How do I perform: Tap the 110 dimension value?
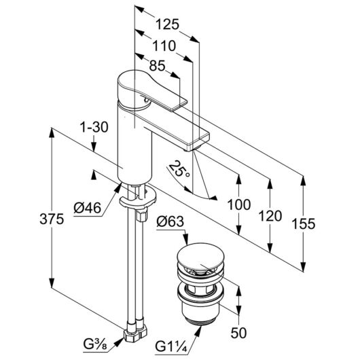click(x=164, y=46)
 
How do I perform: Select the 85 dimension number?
click(x=158, y=66)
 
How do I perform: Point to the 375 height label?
click(x=52, y=219)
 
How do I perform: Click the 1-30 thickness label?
click(x=94, y=127)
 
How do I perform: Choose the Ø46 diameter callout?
click(x=87, y=208)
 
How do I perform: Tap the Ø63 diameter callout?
click(x=170, y=222)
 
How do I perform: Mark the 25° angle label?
click(x=179, y=170)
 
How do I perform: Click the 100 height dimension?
click(x=239, y=204)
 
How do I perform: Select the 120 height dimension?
click(x=270, y=216)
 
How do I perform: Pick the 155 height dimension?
click(x=304, y=224)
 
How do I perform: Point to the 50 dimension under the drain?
click(x=238, y=333)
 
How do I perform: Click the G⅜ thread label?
click(x=95, y=344)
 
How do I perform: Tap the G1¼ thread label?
click(x=171, y=346)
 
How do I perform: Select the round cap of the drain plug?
click(x=200, y=255)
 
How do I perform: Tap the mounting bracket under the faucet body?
click(x=138, y=196)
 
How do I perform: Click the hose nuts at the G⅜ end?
click(x=135, y=331)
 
